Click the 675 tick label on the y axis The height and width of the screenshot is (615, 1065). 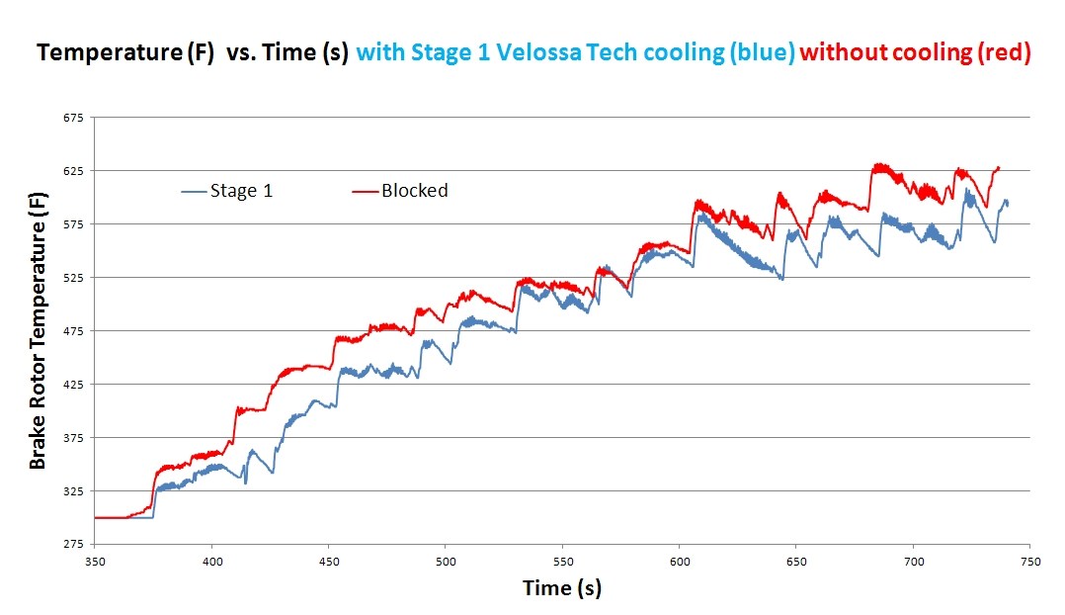pyautogui.click(x=74, y=118)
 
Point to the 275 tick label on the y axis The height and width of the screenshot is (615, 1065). pyautogui.click(x=74, y=544)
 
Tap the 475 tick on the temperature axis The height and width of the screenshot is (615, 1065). pyautogui.click(x=74, y=331)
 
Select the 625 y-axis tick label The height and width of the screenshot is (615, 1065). pyautogui.click(x=74, y=171)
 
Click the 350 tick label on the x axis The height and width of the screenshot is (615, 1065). pyautogui.click(x=95, y=560)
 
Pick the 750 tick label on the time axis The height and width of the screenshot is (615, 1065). pyautogui.click(x=1029, y=560)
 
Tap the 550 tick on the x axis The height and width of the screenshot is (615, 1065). pyautogui.click(x=562, y=560)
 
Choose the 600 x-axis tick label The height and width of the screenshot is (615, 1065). pyautogui.click(x=679, y=560)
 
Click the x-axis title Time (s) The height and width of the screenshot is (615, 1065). pyautogui.click(x=561, y=588)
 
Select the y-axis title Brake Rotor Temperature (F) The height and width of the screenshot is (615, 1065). pyautogui.click(x=38, y=331)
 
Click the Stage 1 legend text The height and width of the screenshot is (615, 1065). pyautogui.click(x=241, y=191)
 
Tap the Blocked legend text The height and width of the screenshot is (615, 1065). pyautogui.click(x=414, y=191)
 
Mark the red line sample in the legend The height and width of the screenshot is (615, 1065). pyautogui.click(x=366, y=191)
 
